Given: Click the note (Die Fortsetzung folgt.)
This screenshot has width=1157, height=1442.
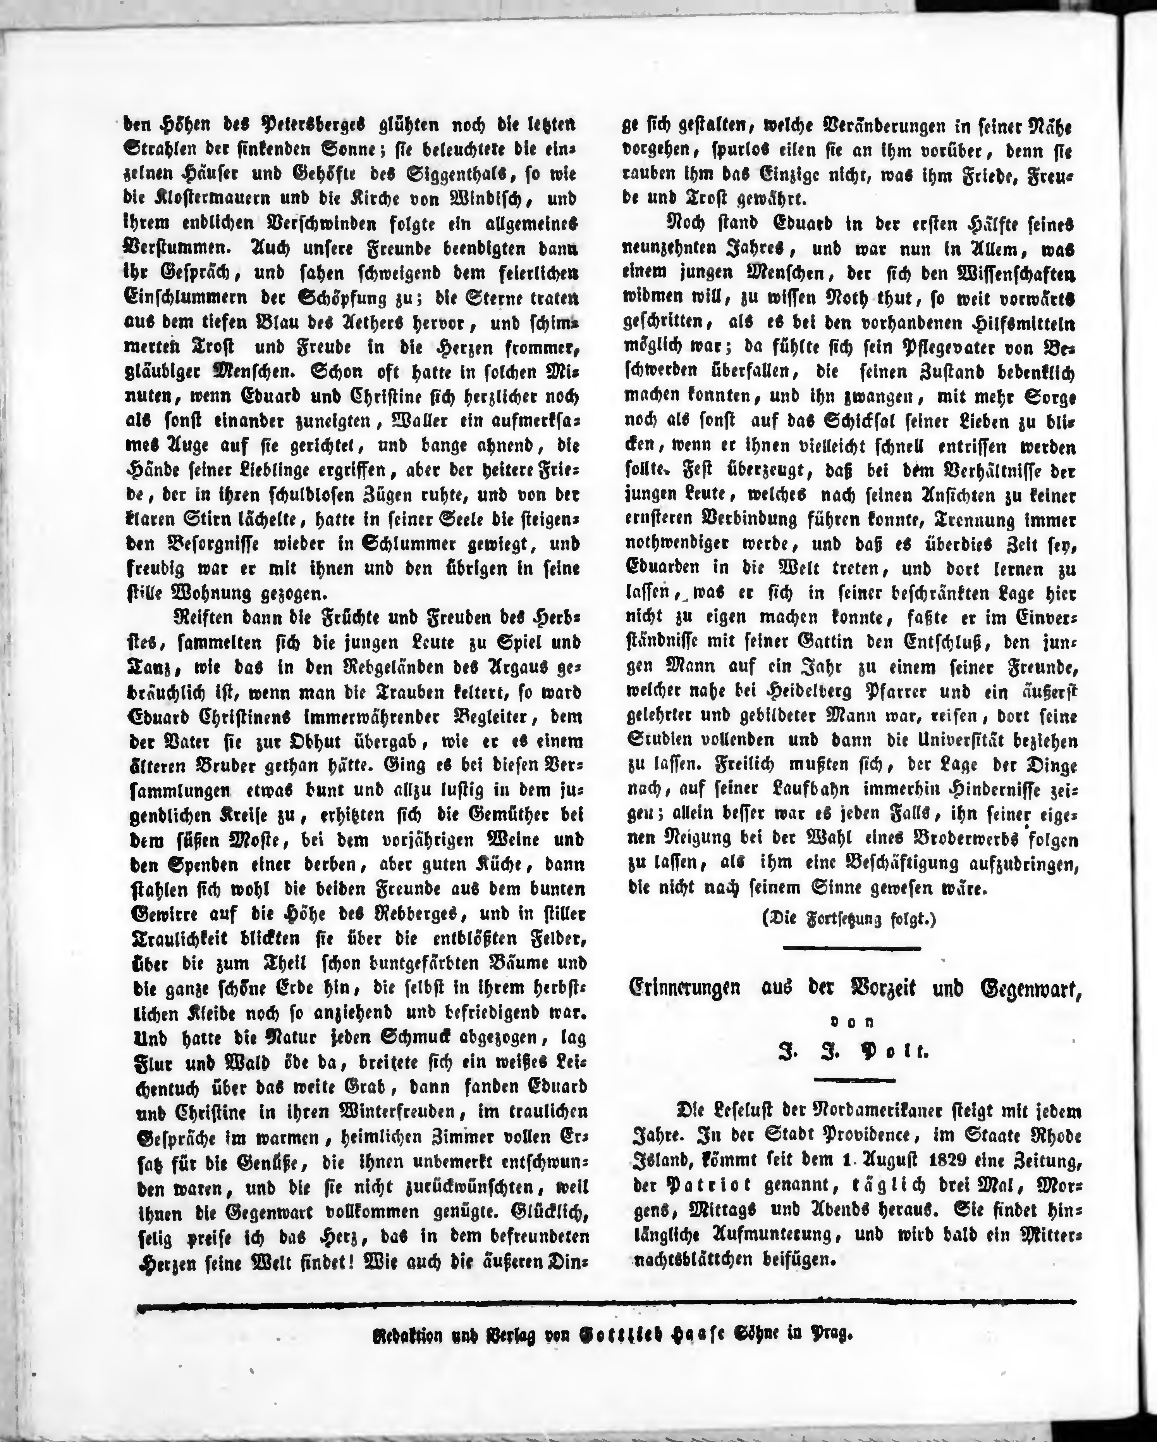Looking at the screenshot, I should [x=849, y=919].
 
